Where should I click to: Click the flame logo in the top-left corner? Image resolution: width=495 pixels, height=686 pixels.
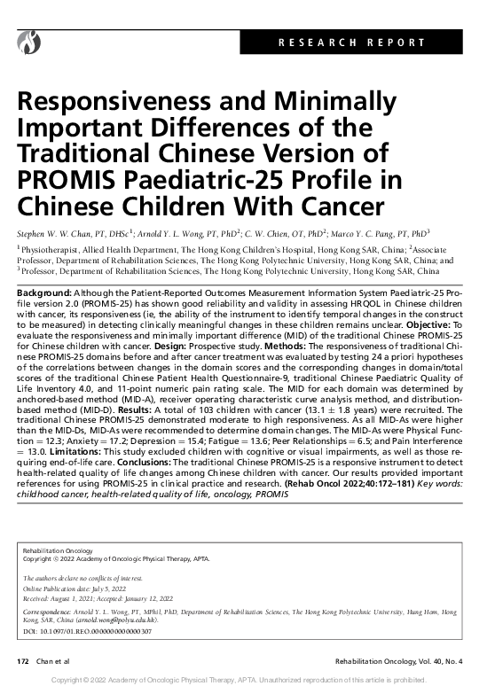(31, 40)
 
